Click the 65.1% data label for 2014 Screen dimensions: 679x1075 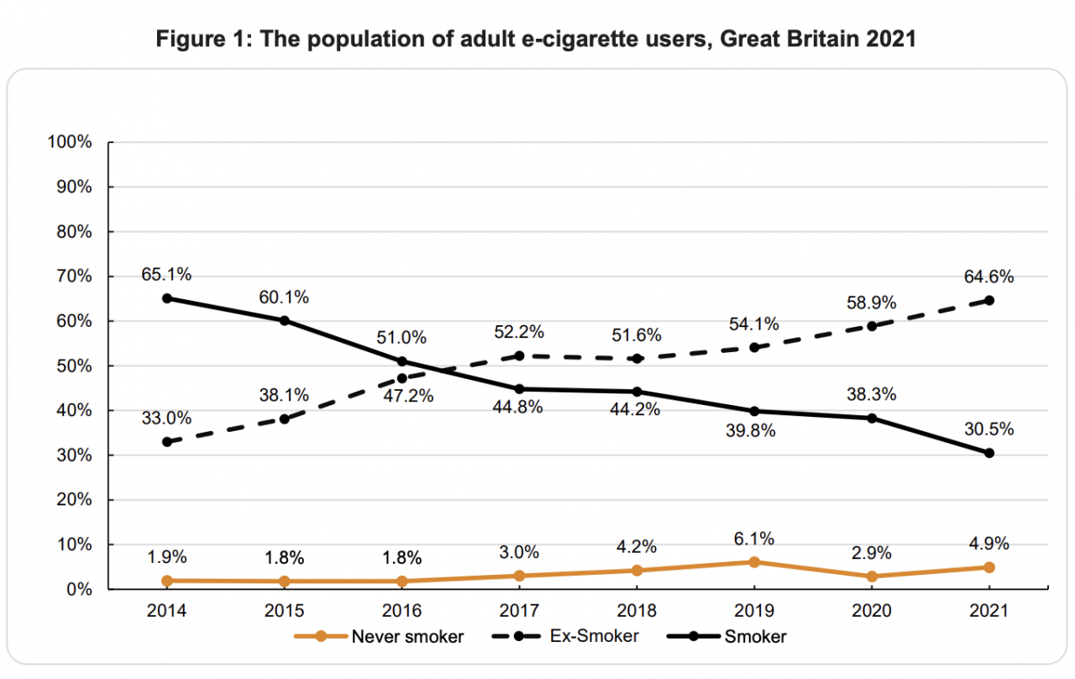(x=167, y=274)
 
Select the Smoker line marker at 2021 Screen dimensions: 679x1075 (x=989, y=453)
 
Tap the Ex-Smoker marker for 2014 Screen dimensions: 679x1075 (x=167, y=442)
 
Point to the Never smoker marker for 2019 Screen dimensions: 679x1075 (x=754, y=562)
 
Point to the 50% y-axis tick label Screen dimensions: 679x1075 (x=74, y=366)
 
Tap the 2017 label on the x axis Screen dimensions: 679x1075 (x=519, y=612)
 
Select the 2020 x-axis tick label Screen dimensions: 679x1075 (x=872, y=612)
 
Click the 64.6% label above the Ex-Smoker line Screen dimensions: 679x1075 (x=989, y=276)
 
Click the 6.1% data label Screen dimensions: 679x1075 (x=753, y=539)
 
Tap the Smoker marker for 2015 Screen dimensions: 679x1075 (x=285, y=320)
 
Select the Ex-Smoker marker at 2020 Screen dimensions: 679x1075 (x=872, y=326)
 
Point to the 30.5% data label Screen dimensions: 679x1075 (x=989, y=429)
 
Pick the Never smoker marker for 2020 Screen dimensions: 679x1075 (x=872, y=576)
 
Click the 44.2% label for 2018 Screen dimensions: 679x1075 (x=637, y=409)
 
